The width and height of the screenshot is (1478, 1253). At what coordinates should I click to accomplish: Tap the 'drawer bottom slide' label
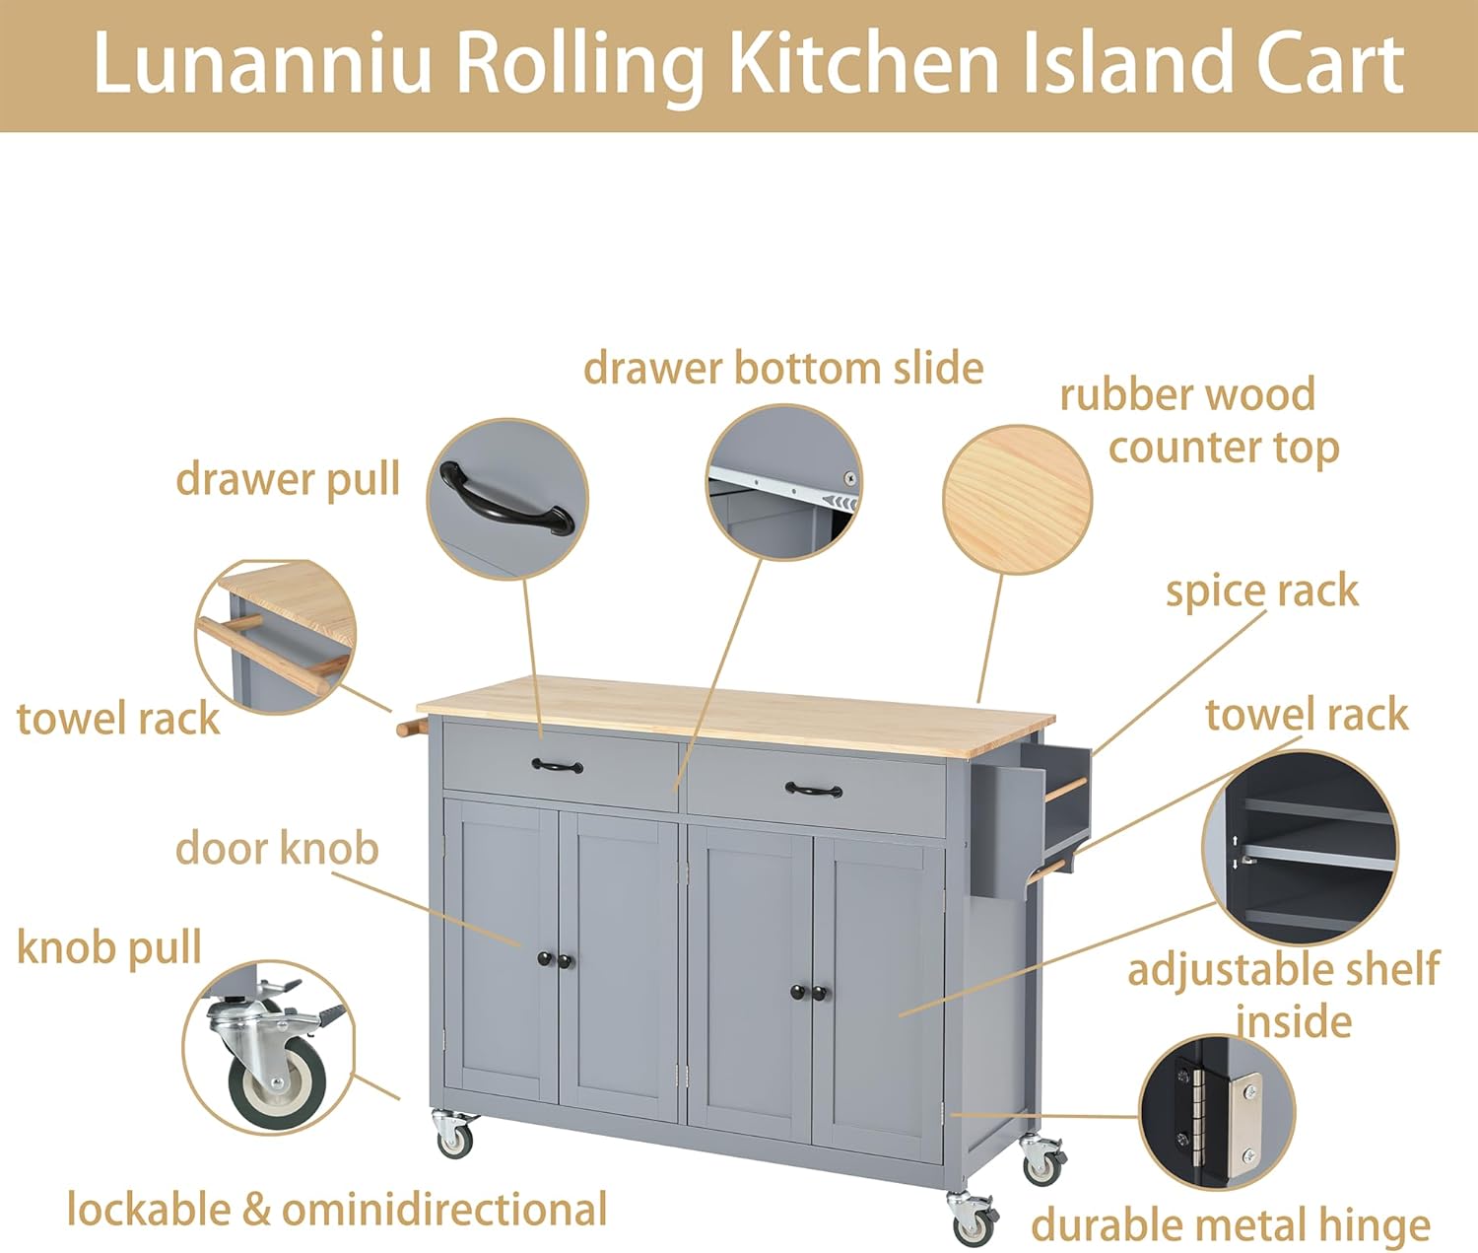[783, 369]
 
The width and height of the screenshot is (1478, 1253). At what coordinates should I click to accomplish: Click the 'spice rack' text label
[1261, 592]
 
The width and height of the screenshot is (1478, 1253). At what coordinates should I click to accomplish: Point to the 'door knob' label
[277, 848]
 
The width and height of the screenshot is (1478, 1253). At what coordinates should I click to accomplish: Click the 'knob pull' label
[109, 947]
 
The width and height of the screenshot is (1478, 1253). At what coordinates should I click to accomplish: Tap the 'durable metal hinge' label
[1231, 1225]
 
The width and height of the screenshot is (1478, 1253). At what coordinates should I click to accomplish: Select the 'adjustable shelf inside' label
[1284, 994]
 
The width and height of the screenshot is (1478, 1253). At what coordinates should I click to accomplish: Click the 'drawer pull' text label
[288, 479]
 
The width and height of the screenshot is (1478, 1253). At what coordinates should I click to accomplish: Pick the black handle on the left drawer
[557, 765]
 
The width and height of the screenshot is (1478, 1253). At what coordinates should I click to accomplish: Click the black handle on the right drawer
[814, 789]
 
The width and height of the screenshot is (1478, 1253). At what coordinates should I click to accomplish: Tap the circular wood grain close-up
[1018, 499]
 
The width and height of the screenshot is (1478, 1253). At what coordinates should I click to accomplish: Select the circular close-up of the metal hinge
[1217, 1112]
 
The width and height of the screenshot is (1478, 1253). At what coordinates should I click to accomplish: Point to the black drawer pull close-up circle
[507, 499]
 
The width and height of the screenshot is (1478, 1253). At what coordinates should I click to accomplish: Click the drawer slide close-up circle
[784, 482]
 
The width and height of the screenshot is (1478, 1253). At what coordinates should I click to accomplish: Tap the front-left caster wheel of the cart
[454, 1136]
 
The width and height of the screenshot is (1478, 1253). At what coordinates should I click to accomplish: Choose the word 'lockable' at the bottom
[148, 1210]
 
